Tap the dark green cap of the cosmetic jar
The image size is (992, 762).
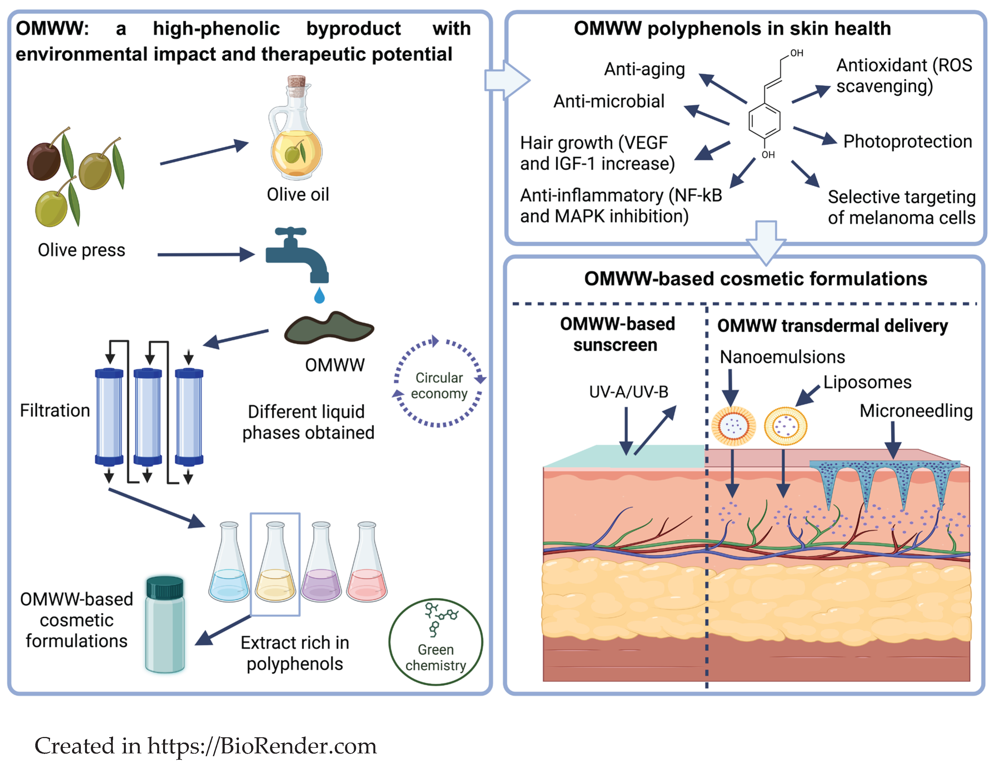[x=165, y=588]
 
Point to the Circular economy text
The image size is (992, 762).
[x=439, y=385]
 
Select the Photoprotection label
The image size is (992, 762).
[x=907, y=141]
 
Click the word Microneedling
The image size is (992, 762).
[x=916, y=411]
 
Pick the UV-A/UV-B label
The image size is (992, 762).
[x=628, y=392]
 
